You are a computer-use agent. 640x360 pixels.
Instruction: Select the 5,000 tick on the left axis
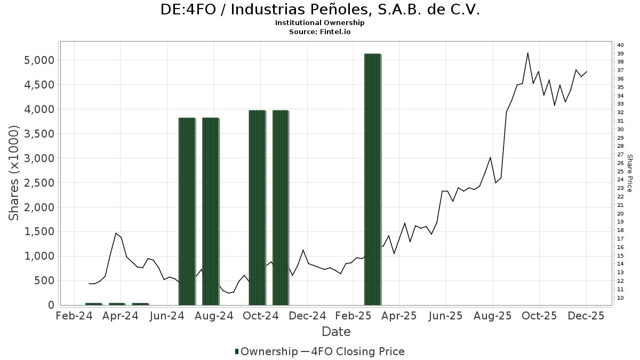click(x=40, y=60)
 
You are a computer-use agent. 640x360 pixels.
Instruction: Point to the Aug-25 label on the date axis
click(x=492, y=316)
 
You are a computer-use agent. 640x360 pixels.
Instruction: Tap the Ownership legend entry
click(x=266, y=351)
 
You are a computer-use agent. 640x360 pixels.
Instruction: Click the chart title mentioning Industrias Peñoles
click(x=320, y=10)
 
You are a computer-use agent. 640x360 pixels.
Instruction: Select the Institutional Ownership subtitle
click(x=320, y=23)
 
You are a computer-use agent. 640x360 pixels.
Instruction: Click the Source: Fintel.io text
click(x=320, y=31)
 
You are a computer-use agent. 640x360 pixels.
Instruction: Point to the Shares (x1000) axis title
click(x=14, y=173)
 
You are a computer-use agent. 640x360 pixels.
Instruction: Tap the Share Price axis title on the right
click(x=629, y=173)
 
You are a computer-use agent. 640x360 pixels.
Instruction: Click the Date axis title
click(x=336, y=332)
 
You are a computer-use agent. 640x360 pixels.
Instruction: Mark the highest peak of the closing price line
click(x=527, y=53)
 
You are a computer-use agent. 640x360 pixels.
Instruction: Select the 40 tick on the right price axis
click(x=620, y=45)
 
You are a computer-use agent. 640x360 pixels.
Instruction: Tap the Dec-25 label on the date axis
click(x=586, y=316)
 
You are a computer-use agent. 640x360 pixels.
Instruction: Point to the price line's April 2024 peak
click(x=116, y=233)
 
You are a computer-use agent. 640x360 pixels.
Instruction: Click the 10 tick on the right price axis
click(x=620, y=298)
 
